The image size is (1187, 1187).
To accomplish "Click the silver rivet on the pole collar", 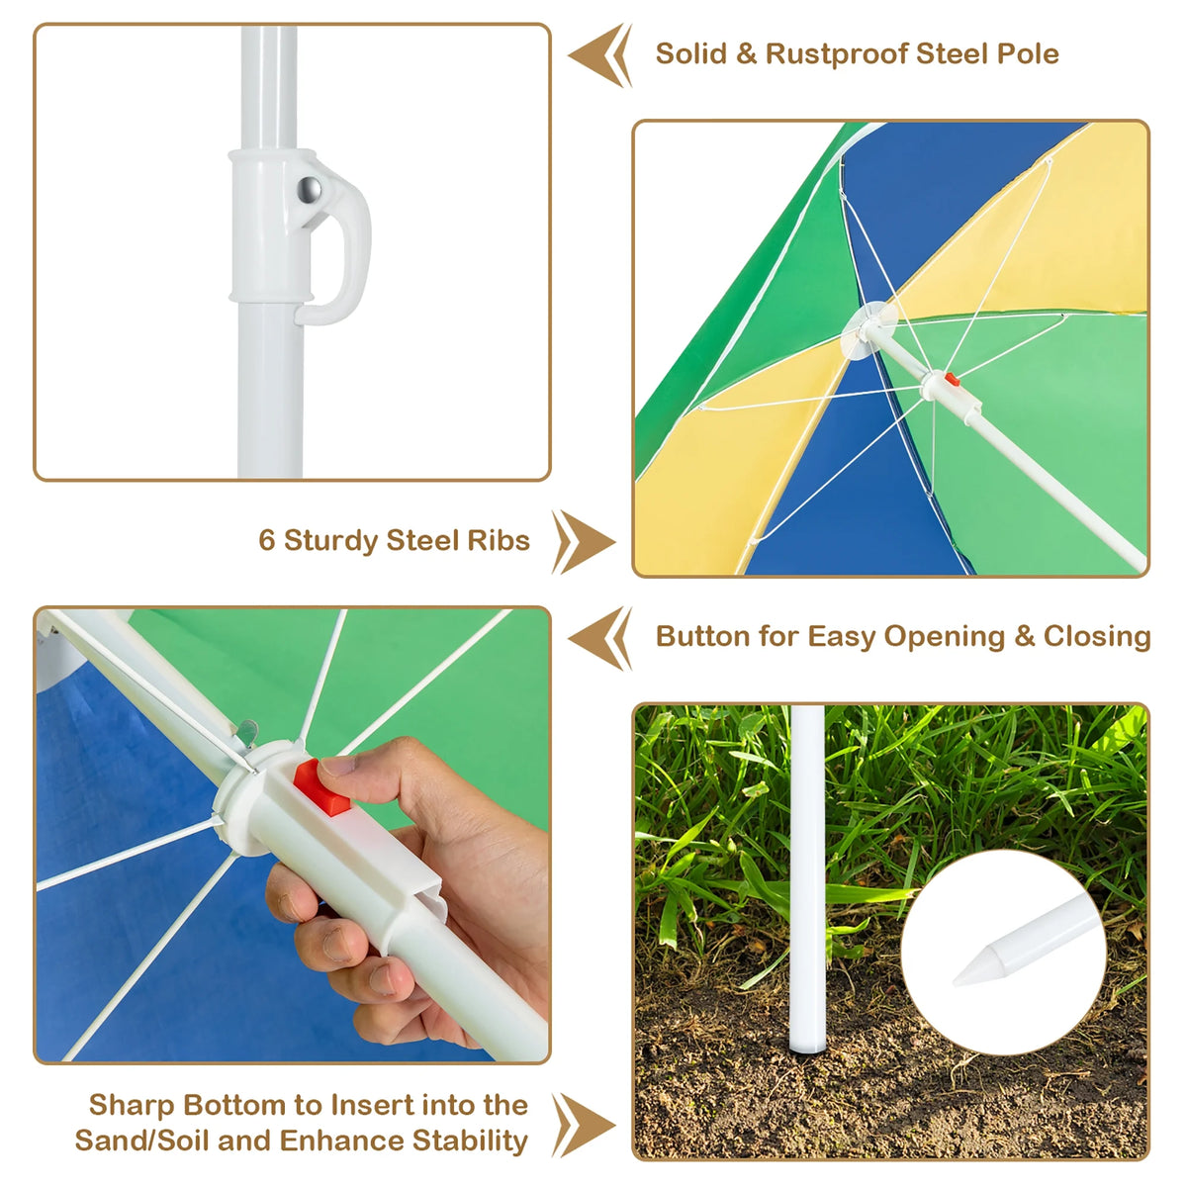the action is point(309,190).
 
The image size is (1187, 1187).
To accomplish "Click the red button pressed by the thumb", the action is point(320,787).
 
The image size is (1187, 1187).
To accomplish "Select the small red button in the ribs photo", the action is point(952,379).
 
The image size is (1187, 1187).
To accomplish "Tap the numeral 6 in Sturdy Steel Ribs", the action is point(266,540).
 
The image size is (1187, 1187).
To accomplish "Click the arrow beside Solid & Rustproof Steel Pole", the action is point(599,55).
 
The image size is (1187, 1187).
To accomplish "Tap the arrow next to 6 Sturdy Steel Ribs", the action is point(584,541).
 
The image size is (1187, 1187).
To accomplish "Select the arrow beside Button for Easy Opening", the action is point(599,638).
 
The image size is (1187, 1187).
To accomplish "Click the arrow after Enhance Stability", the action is point(584,1125).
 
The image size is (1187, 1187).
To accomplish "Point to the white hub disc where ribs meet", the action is point(868,329).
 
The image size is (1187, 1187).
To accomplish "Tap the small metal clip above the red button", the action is point(247,734).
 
